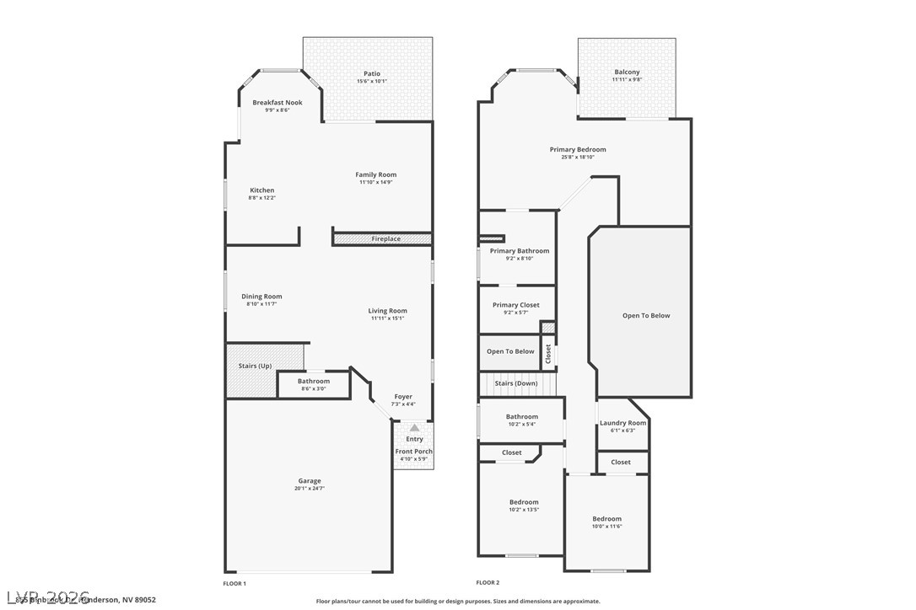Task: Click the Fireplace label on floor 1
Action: pyautogui.click(x=386, y=239)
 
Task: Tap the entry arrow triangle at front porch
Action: pyautogui.click(x=414, y=428)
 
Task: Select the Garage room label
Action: pyautogui.click(x=309, y=481)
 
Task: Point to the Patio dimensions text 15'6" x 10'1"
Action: pyautogui.click(x=372, y=82)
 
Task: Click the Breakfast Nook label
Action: pyautogui.click(x=277, y=103)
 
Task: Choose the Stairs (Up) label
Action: pyautogui.click(x=255, y=366)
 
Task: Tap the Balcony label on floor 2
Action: pyautogui.click(x=627, y=72)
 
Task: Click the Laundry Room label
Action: pyautogui.click(x=622, y=423)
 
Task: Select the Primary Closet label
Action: pyautogui.click(x=516, y=305)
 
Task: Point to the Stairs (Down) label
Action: pyautogui.click(x=515, y=383)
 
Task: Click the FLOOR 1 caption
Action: pyautogui.click(x=234, y=583)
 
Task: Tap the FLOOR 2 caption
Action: pyautogui.click(x=488, y=583)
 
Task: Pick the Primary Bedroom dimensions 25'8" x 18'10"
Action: pyautogui.click(x=578, y=158)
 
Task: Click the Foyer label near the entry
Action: pyautogui.click(x=403, y=397)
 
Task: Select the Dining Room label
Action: pyautogui.click(x=261, y=297)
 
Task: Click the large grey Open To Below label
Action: pyautogui.click(x=646, y=316)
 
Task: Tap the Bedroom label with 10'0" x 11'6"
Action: pyautogui.click(x=606, y=519)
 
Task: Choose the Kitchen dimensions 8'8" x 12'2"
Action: pyautogui.click(x=261, y=198)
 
